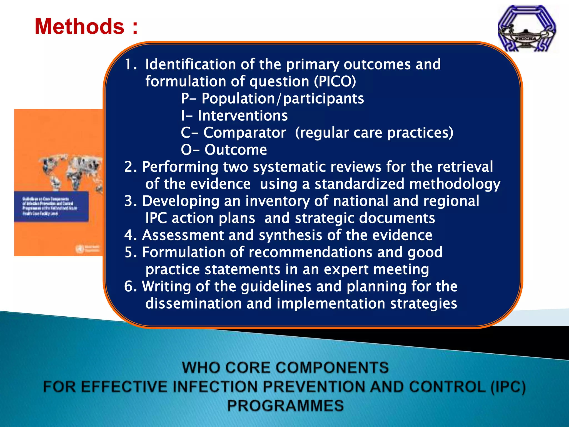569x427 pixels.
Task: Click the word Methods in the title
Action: pos(79,26)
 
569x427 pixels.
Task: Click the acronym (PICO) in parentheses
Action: pos(335,81)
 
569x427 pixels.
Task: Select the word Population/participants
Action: pos(283,99)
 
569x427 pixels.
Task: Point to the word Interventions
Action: pos(243,116)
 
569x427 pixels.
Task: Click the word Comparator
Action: pos(244,133)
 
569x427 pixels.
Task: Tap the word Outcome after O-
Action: pos(236,150)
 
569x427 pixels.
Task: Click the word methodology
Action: pos(455,184)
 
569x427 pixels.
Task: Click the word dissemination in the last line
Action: pos(193,304)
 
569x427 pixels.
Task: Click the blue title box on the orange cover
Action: pos(51,206)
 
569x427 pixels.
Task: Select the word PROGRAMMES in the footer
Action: pos(285,406)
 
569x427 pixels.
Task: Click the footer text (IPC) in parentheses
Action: pos(508,387)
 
